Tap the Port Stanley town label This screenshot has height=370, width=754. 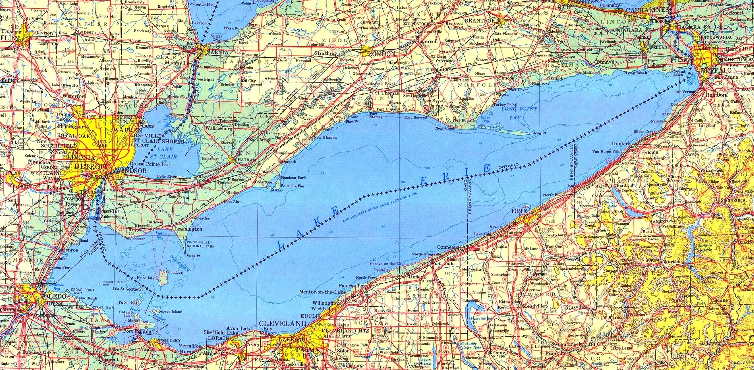click(376, 115)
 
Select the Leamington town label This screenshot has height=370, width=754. click(188, 229)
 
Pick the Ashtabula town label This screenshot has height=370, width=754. click(443, 264)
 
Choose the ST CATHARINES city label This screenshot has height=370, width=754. click(642, 11)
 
